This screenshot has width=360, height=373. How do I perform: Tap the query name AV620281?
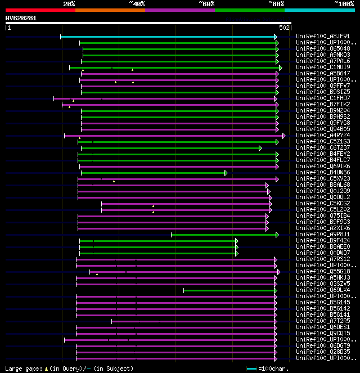(x=21, y=18)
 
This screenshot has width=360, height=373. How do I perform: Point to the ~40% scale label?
(x=137, y=3)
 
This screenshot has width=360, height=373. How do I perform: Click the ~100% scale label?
(x=344, y=3)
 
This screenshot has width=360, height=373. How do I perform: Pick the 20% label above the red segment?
(x=69, y=3)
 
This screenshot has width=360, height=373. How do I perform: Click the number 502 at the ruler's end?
(x=284, y=27)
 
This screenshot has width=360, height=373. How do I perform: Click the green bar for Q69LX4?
(x=229, y=290)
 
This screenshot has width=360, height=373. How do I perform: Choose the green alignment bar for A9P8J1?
(x=224, y=235)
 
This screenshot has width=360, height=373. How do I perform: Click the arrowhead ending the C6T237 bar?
(x=260, y=148)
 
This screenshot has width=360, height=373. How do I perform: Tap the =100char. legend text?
(x=273, y=368)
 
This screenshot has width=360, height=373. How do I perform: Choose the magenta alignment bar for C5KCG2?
(x=186, y=203)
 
